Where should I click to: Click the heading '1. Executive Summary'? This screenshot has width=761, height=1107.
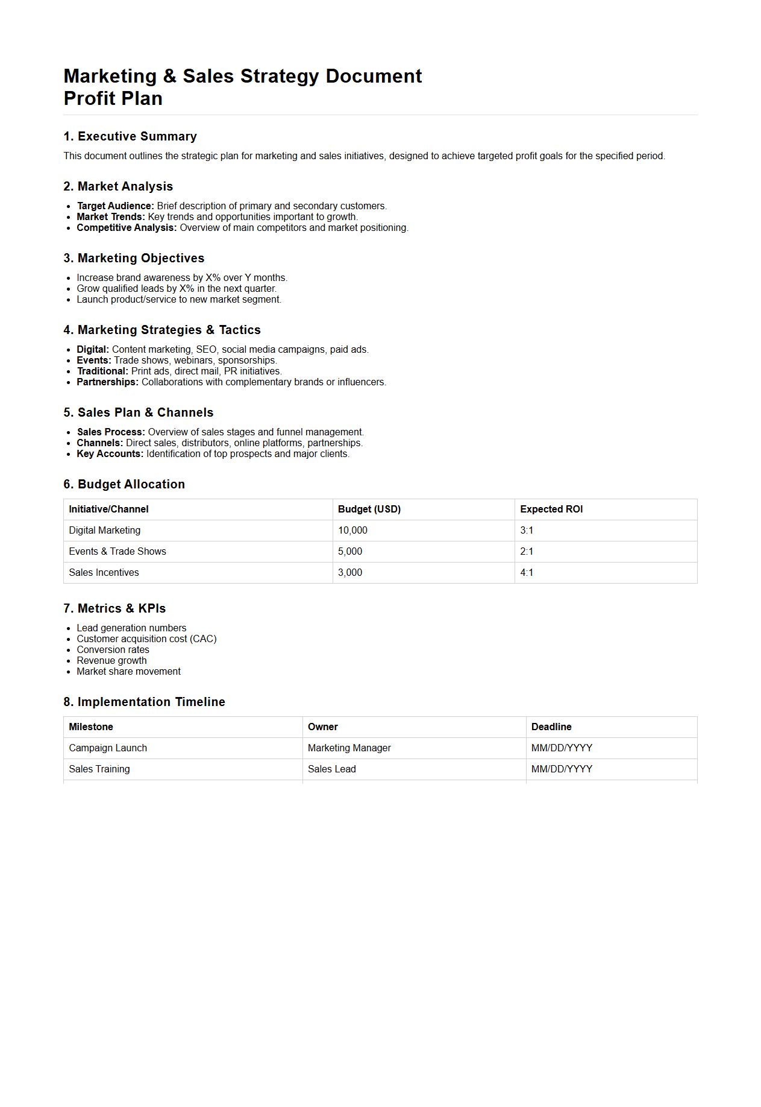130,136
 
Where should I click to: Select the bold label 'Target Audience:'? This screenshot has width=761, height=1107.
115,206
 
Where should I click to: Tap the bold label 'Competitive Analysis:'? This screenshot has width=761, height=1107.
127,228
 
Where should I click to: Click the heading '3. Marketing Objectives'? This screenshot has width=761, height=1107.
134,258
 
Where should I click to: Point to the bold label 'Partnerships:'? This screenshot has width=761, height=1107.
107,382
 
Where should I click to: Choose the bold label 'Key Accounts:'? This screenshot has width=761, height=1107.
110,454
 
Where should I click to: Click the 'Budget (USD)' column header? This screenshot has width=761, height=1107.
369,509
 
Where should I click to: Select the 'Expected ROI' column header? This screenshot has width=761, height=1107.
551,509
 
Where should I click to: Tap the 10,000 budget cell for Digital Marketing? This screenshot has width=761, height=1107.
352,531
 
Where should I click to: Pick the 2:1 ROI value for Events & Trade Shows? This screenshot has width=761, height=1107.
527,552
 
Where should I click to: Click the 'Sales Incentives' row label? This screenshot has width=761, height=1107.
104,573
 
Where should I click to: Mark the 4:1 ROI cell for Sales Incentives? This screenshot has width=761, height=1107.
527,573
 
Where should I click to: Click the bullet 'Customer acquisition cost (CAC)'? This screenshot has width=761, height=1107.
146,639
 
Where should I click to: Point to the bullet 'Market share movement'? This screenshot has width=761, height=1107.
128,672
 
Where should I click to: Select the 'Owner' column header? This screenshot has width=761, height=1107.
322,727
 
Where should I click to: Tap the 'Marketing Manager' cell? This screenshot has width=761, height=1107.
349,748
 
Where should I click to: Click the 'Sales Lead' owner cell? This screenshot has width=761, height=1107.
331,769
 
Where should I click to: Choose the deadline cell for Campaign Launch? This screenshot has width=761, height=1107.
562,748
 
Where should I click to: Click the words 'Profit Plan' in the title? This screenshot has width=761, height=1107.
113,98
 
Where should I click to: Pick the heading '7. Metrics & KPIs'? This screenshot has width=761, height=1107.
114,608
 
